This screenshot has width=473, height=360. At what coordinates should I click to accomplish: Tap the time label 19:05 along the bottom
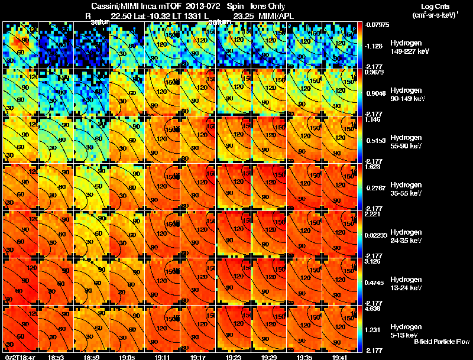tap(127, 357)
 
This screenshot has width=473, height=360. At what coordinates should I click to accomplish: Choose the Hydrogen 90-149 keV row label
tap(406, 95)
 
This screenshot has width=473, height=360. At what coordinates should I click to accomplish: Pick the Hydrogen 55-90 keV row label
tap(406, 142)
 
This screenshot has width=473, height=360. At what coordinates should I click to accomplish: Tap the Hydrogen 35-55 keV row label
tap(406, 189)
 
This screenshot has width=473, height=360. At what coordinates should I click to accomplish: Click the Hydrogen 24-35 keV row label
tap(406, 236)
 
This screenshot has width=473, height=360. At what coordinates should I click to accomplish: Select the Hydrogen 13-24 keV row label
tap(406, 283)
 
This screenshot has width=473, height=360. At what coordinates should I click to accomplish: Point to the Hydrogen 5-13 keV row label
tap(406, 330)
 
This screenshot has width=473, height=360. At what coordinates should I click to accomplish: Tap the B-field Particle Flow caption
tap(442, 342)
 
